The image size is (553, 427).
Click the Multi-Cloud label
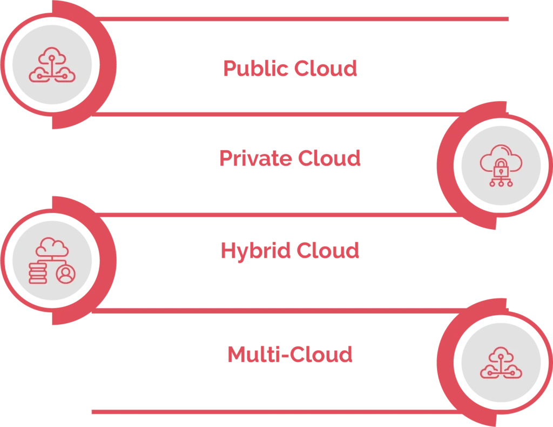[289, 355]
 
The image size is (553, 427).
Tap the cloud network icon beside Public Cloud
[52, 64]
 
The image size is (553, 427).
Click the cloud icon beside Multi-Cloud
[501, 363]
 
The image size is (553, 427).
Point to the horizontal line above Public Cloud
[302, 19]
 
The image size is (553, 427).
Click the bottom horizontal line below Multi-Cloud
[270, 411]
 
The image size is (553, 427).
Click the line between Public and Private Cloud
[270, 114]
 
